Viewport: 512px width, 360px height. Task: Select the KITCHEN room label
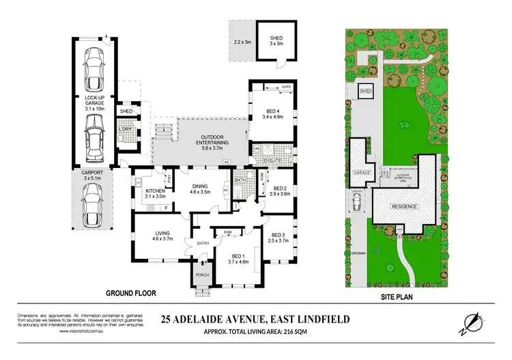pos(155,194)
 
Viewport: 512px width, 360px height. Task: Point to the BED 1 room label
pos(233,258)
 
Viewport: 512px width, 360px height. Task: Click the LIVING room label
pos(162,236)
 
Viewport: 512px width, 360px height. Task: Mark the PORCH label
pos(201,276)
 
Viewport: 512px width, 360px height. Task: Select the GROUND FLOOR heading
pos(130,294)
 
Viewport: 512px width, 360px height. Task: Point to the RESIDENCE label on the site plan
pos(403,206)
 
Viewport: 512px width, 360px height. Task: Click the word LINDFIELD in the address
pos(318,318)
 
